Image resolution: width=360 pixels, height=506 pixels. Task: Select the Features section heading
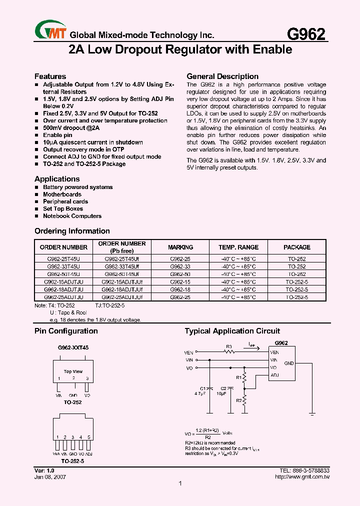point(50,76)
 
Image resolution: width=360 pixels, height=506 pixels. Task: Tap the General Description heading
point(222,76)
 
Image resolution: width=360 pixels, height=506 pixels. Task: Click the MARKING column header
point(180,247)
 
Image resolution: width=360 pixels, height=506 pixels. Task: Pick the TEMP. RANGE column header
point(238,247)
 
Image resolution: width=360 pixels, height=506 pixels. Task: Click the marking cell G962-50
point(180,274)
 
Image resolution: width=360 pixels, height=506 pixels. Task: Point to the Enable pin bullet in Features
point(57,135)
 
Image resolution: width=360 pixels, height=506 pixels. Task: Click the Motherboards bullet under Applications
point(62,194)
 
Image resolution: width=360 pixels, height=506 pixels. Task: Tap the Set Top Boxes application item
point(63,209)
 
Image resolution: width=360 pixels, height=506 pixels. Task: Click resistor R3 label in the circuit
point(229,346)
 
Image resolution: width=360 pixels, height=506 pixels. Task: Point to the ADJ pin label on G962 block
point(274,375)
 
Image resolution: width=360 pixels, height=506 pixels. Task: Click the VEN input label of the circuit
point(189,352)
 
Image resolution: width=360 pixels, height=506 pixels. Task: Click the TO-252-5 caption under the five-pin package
point(72,460)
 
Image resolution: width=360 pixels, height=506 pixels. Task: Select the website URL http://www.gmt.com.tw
point(302,477)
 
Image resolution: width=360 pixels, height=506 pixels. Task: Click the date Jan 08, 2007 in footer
point(50,477)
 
